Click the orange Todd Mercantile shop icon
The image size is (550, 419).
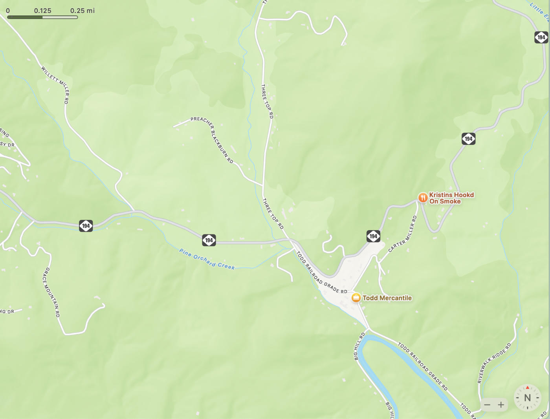[x=356, y=298]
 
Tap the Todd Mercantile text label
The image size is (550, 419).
[x=387, y=298]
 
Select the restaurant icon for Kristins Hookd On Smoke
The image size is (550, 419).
[x=423, y=198]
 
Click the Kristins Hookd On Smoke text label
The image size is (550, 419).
[x=451, y=198]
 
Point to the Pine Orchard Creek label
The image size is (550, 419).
[x=207, y=259]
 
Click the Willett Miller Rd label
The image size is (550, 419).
[x=56, y=84]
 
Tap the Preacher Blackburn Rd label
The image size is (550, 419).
[x=213, y=139]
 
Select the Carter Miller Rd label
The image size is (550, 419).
[x=403, y=234]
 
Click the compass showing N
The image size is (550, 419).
[x=527, y=397]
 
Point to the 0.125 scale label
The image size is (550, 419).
[x=42, y=11]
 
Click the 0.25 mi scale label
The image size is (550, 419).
[x=82, y=11]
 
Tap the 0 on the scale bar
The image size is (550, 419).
[x=8, y=11]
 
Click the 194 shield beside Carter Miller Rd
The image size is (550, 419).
[x=373, y=236]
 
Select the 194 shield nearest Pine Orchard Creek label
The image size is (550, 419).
[x=209, y=240]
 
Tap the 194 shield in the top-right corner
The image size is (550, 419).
[x=541, y=37]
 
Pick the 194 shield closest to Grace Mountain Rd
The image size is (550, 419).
[x=86, y=226]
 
